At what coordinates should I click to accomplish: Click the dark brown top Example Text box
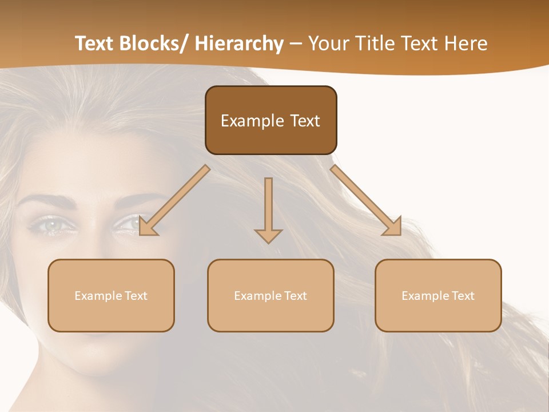coord(270,120)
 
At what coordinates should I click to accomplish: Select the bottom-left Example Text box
coord(111,295)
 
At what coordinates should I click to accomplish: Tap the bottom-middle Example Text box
coord(270,295)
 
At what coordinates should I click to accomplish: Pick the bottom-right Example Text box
coord(438,295)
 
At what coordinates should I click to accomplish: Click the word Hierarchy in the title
coord(239,43)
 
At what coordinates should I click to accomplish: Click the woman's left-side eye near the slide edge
coord(54,225)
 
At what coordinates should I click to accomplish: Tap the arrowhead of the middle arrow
coord(268,235)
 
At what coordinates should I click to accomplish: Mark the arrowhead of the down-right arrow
coord(393,227)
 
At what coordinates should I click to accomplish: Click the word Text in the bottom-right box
coord(463,296)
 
